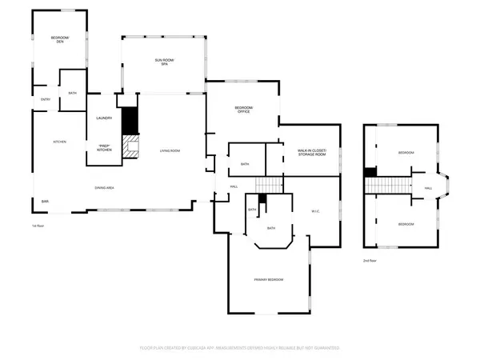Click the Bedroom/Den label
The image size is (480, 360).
[58, 40]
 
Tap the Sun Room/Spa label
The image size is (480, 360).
[164, 62]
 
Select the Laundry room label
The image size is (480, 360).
[104, 118]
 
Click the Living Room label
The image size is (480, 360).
[169, 150]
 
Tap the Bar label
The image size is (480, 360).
[45, 200]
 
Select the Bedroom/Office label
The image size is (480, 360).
[242, 110]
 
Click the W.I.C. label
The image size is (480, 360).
[314, 211]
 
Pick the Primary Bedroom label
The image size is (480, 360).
[269, 279]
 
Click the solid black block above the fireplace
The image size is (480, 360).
[128, 119]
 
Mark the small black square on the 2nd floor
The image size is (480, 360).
[370, 171]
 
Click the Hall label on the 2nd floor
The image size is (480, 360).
[428, 188]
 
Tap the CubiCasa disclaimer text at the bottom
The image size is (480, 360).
[240, 348]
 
